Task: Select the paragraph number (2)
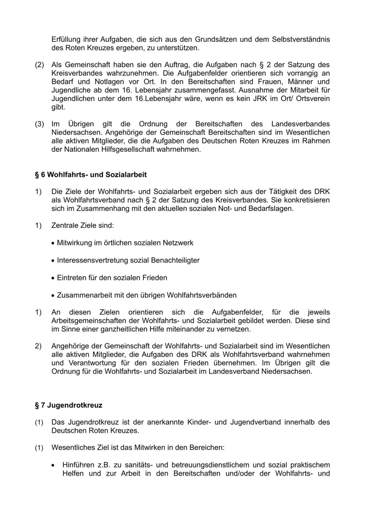[x=39, y=65]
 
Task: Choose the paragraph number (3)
[x=39, y=124]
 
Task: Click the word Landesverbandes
[x=300, y=124]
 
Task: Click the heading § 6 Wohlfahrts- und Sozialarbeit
[x=91, y=175]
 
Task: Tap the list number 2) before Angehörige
[x=38, y=346]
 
